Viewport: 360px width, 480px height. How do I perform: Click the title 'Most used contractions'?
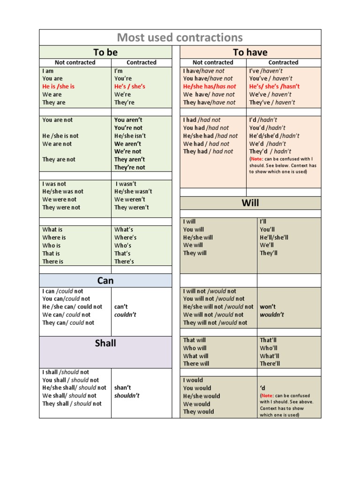click(180, 37)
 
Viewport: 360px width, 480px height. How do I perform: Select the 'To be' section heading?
click(105, 52)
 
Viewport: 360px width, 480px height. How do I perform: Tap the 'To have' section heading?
click(250, 52)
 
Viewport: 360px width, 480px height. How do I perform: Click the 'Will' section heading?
click(250, 203)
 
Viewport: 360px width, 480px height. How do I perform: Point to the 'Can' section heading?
click(105, 280)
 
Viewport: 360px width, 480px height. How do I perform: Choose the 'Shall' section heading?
click(105, 343)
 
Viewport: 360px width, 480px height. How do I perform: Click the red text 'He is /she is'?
click(59, 86)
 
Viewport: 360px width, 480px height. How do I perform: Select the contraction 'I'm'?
click(119, 71)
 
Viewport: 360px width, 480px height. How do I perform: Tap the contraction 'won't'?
click(268, 307)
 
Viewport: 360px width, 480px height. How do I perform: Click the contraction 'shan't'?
click(122, 388)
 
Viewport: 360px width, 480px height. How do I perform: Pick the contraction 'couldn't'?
click(125, 315)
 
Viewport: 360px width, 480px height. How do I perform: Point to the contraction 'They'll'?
click(269, 253)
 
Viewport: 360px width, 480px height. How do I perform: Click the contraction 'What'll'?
click(269, 356)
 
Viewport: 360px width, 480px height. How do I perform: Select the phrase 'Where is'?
click(54, 238)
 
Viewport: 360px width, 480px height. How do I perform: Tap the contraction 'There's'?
click(124, 262)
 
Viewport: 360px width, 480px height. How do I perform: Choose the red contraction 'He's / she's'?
click(130, 86)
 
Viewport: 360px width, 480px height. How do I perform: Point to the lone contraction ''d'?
click(262, 388)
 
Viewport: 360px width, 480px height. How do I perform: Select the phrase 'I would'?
click(193, 380)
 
